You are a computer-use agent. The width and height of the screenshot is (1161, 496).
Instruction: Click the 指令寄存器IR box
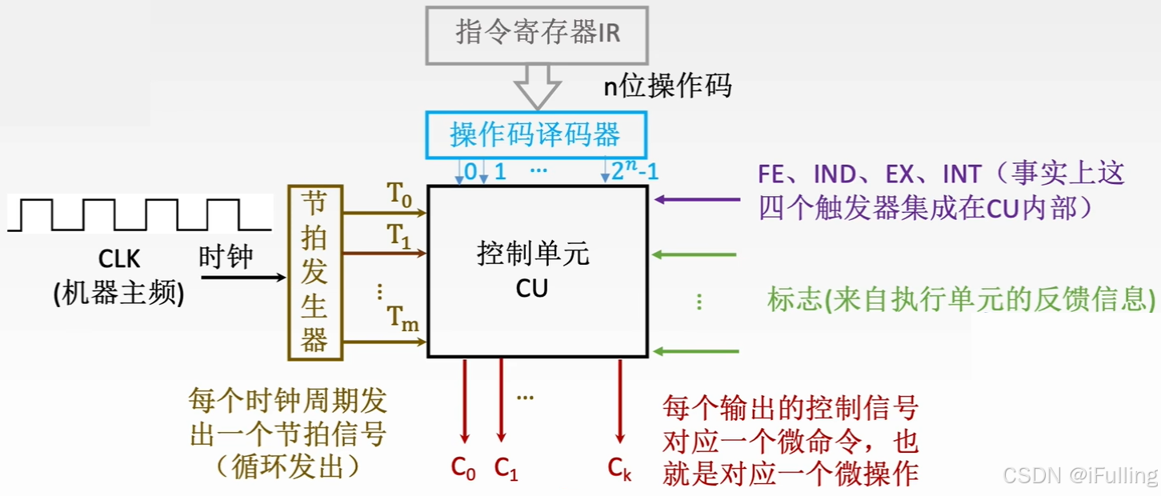click(537, 34)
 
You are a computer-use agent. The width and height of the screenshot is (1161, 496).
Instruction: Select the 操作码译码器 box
click(534, 134)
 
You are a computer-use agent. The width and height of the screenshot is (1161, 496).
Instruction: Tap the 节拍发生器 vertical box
click(314, 272)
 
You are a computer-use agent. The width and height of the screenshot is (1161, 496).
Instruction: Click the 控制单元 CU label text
click(532, 270)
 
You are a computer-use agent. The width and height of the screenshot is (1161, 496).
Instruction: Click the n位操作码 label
click(667, 86)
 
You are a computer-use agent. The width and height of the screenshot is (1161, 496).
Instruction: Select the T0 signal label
click(399, 194)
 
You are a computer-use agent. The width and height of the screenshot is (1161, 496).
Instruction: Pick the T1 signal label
click(399, 236)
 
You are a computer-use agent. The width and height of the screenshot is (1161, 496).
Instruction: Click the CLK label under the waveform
click(119, 258)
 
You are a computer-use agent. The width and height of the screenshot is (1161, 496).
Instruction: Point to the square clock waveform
click(138, 215)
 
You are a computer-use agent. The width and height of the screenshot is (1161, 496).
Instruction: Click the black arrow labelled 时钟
click(242, 277)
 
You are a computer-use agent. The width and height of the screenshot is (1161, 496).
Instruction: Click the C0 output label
click(463, 469)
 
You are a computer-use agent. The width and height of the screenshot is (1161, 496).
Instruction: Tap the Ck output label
click(619, 469)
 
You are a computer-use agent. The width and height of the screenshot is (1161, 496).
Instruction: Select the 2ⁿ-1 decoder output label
click(635, 171)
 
